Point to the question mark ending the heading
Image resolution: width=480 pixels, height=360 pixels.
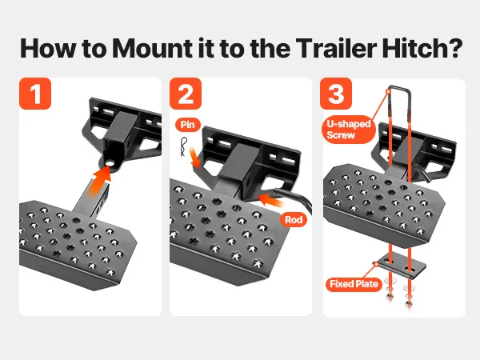pyautogui.click(x=452, y=48)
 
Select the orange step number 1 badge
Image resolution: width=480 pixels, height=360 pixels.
pyautogui.click(x=35, y=94)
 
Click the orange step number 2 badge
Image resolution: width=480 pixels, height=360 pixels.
pyautogui.click(x=186, y=94)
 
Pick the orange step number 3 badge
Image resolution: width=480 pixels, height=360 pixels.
pyautogui.click(x=336, y=94)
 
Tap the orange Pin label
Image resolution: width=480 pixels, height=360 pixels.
pyautogui.click(x=188, y=125)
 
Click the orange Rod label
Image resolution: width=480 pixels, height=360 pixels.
pyautogui.click(x=294, y=219)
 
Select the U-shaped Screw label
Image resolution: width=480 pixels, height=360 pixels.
pyautogui.click(x=349, y=129)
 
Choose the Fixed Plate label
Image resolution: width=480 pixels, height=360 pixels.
pyautogui.click(x=354, y=284)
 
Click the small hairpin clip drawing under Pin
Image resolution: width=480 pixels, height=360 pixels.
pyautogui.click(x=184, y=147)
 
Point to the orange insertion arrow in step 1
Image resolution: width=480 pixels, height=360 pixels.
pyautogui.click(x=98, y=182)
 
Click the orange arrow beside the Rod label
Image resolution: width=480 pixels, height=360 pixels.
pyautogui.click(x=271, y=201)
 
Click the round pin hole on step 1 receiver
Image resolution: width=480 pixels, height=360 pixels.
pyautogui.click(x=110, y=164)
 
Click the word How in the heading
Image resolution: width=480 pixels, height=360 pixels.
pyautogui.click(x=48, y=48)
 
